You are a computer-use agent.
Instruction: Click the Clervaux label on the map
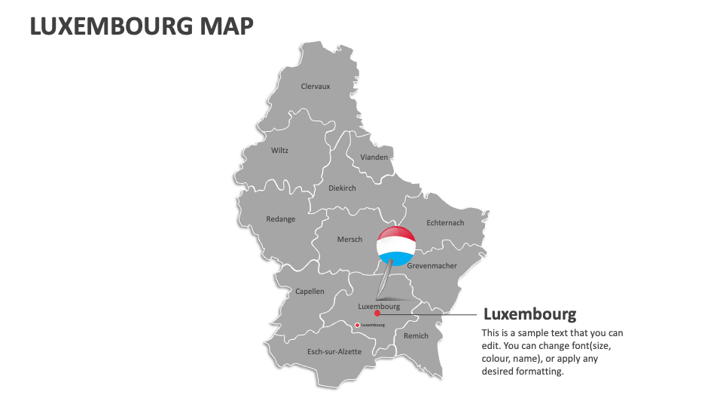pos(316,87)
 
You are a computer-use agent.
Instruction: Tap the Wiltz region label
pos(279,150)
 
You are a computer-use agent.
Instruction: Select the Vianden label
pos(374,158)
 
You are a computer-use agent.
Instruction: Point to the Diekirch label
pos(342,188)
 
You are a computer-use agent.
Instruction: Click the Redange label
pos(281,219)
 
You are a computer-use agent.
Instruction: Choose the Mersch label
pos(349,240)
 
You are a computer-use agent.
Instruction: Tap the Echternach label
pos(445,223)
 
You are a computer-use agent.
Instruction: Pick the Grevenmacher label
pos(432,266)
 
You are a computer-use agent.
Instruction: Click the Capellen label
pos(310,291)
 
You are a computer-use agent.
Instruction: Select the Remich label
pos(416,336)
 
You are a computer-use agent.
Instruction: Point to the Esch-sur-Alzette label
pos(334,352)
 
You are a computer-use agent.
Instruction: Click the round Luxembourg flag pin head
pos(396,245)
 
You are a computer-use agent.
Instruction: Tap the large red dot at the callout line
pos(377,314)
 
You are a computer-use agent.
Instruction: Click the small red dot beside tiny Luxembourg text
pos(357,325)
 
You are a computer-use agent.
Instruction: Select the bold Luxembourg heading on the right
pos(529,314)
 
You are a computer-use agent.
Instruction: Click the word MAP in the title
pos(227,26)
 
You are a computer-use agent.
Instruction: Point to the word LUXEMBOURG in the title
pos(110,26)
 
